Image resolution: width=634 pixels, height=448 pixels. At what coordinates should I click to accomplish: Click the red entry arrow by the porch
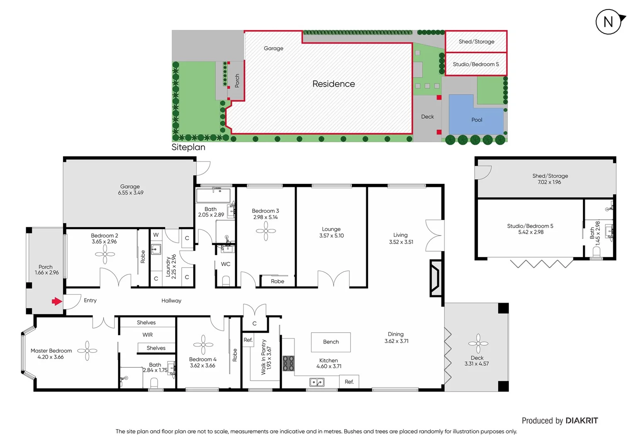click(56, 301)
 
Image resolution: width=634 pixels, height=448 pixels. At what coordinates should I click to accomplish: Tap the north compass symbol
click(609, 22)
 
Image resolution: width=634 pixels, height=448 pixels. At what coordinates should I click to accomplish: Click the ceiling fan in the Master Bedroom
click(87, 351)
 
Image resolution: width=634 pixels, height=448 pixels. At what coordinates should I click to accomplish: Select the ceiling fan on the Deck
click(478, 343)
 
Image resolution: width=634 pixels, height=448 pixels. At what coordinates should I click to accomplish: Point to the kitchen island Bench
click(331, 342)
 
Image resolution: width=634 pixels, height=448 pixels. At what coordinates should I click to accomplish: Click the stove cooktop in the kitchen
click(288, 363)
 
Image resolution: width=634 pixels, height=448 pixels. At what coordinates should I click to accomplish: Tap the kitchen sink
click(317, 382)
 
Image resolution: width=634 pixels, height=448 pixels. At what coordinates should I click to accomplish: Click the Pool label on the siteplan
click(477, 120)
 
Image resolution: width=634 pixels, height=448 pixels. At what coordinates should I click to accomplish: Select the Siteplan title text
click(188, 147)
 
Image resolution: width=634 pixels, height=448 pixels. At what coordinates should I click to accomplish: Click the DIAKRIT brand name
click(582, 421)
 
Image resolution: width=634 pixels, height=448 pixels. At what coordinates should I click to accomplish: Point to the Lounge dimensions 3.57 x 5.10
click(331, 236)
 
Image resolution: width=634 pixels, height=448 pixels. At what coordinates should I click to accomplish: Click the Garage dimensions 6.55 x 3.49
click(130, 193)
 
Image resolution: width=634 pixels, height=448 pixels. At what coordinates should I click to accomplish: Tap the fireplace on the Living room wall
click(435, 278)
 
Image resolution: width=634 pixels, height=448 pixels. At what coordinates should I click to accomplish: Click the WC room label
click(225, 264)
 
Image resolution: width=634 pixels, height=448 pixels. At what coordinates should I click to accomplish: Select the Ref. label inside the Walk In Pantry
click(248, 340)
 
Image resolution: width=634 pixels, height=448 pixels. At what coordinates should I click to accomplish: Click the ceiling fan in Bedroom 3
click(266, 231)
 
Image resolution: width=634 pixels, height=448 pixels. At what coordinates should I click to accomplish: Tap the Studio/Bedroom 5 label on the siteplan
click(475, 64)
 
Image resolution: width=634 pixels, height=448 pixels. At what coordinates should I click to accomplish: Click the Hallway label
click(171, 301)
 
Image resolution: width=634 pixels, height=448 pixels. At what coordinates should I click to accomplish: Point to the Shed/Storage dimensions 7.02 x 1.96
click(549, 182)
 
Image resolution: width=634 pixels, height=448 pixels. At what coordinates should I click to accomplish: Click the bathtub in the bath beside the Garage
click(213, 195)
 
